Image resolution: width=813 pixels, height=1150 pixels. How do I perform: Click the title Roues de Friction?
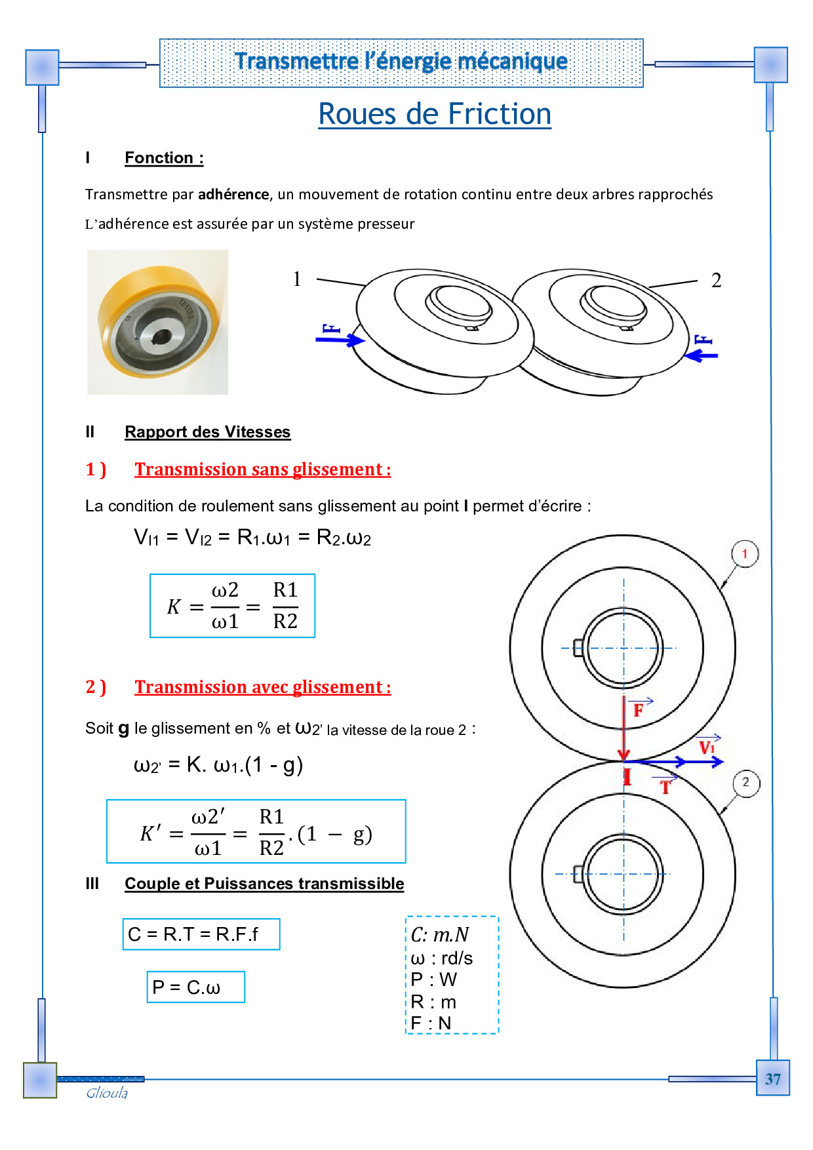coord(434,114)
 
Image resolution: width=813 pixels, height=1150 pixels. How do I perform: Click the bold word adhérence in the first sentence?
coord(233,195)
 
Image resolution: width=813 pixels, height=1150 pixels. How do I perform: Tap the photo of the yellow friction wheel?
coord(157,322)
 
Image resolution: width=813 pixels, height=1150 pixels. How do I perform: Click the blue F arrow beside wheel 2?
coord(702,355)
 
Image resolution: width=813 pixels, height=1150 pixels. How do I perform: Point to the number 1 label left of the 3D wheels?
coord(297,279)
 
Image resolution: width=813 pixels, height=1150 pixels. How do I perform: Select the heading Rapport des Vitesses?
coord(207,432)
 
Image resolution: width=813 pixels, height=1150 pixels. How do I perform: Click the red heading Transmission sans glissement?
coord(262,469)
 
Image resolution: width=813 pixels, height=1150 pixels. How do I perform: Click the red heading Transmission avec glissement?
coord(262,687)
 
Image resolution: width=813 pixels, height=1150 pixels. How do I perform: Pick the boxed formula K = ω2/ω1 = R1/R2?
coord(232,606)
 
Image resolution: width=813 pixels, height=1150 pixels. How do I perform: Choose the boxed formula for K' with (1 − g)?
coord(256,831)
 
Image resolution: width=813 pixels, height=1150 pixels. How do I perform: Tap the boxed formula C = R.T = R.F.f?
coord(201,934)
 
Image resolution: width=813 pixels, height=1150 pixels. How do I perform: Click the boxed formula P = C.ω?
coord(195,987)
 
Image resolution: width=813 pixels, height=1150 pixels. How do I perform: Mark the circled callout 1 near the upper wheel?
coord(745,553)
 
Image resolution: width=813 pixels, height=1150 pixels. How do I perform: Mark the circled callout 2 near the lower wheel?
coord(745,782)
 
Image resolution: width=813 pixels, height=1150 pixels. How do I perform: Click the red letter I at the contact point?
coord(627,778)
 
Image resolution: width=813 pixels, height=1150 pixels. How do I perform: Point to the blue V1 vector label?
coord(707,747)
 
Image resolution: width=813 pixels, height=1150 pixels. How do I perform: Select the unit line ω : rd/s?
coord(442,958)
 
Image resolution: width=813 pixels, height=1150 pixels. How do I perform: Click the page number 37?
coord(772,1079)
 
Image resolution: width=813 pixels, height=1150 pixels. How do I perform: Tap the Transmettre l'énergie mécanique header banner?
coord(401,62)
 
